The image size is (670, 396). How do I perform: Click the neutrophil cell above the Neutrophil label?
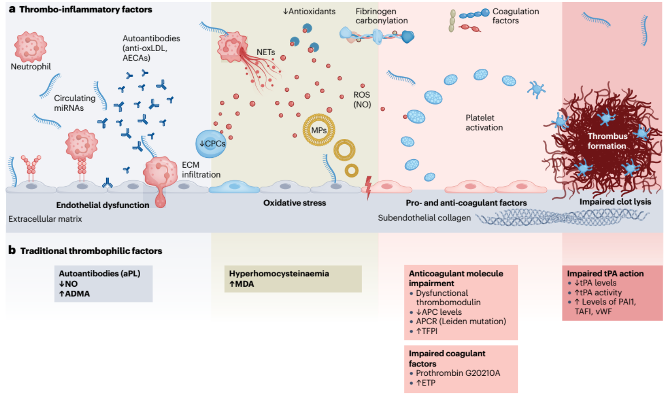click(30, 46)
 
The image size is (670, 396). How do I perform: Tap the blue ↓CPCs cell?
click(211, 144)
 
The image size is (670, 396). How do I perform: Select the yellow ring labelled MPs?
click(318, 130)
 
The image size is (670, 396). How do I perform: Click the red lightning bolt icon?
click(368, 187)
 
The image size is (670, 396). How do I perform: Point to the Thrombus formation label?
click(607, 141)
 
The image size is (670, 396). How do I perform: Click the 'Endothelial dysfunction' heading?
click(103, 205)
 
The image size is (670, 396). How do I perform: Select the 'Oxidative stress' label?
click(295, 203)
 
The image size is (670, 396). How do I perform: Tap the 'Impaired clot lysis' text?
click(615, 202)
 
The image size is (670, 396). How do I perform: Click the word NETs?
click(266, 52)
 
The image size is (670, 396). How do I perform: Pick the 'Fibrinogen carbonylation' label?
click(381, 16)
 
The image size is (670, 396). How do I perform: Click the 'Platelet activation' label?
click(484, 123)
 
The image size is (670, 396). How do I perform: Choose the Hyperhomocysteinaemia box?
click(292, 278)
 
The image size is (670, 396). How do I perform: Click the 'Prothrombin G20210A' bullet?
click(458, 373)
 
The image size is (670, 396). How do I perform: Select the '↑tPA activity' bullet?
click(598, 292)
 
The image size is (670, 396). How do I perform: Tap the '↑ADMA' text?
click(74, 294)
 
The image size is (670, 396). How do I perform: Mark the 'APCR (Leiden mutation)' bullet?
click(461, 321)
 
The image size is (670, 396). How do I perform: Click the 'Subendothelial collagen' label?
click(424, 218)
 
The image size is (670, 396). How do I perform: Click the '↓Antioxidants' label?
click(309, 11)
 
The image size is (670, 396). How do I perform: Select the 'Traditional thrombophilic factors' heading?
click(91, 251)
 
